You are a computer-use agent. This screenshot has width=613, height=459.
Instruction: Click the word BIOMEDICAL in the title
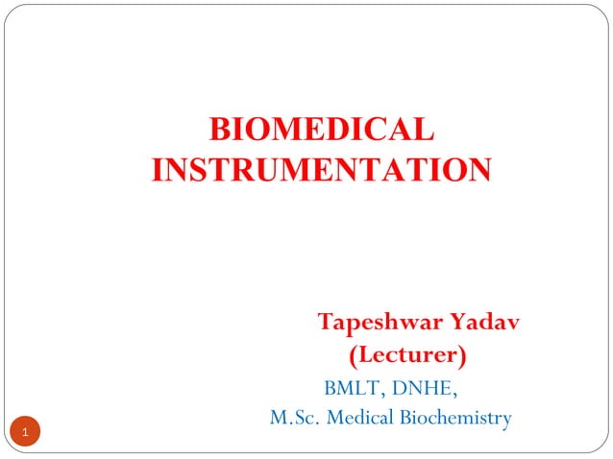321,129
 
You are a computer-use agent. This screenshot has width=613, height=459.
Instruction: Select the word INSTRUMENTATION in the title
321,170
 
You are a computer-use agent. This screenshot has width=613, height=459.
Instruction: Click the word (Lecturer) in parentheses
407,355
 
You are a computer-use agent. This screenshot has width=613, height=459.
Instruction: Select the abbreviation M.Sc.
291,418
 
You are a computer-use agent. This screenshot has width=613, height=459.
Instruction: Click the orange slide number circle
27,432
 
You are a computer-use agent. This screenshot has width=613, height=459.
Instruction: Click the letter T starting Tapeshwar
326,321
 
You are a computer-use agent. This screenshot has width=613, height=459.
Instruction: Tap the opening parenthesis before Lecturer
352,356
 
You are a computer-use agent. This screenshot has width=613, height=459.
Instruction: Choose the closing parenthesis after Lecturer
463,356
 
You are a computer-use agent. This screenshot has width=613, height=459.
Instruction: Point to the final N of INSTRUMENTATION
478,170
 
